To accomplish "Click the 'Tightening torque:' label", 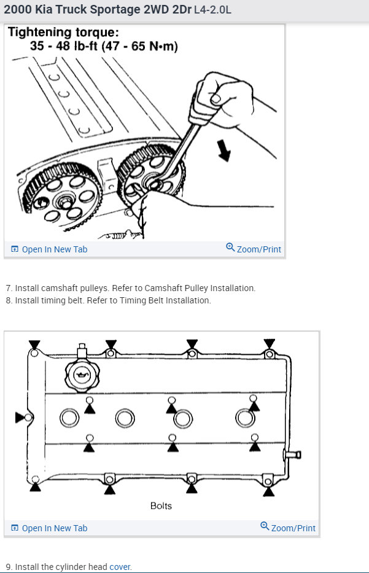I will click(x=63, y=33).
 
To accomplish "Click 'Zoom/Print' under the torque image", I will click(x=254, y=249).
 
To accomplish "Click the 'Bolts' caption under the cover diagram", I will click(x=161, y=506).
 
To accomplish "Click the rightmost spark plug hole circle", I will click(x=244, y=418).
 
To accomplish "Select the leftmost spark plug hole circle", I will click(x=69, y=418).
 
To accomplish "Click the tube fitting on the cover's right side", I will click(x=292, y=455).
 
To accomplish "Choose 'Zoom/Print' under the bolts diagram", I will click(x=288, y=528).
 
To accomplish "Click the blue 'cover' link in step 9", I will click(x=120, y=567).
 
